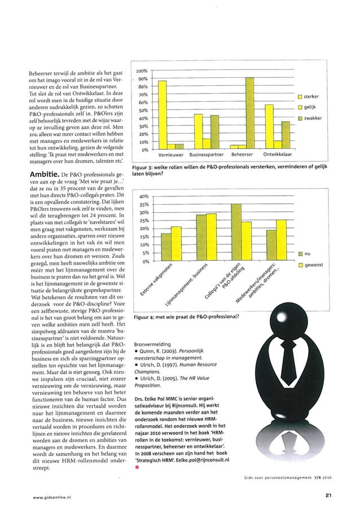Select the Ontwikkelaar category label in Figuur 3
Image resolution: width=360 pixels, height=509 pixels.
(276, 154)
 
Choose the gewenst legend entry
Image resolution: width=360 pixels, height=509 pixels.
(313, 265)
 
